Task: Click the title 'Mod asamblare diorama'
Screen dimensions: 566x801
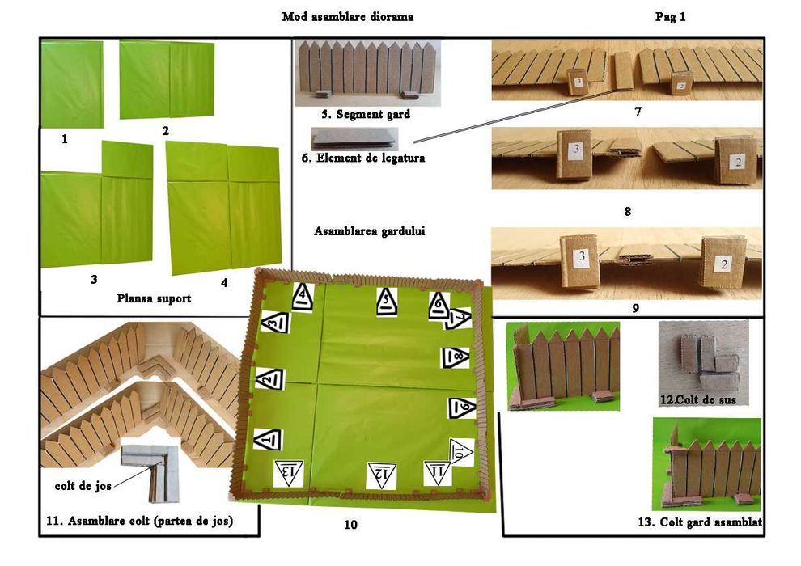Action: coord(347,16)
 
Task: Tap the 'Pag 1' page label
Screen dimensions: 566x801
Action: coord(671,16)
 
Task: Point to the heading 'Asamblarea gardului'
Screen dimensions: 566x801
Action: coord(369,230)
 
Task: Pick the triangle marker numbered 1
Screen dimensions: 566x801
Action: coord(269,438)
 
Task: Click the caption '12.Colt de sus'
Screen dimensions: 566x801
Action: coord(697,399)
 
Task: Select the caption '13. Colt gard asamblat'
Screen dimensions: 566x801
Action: coord(699,523)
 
